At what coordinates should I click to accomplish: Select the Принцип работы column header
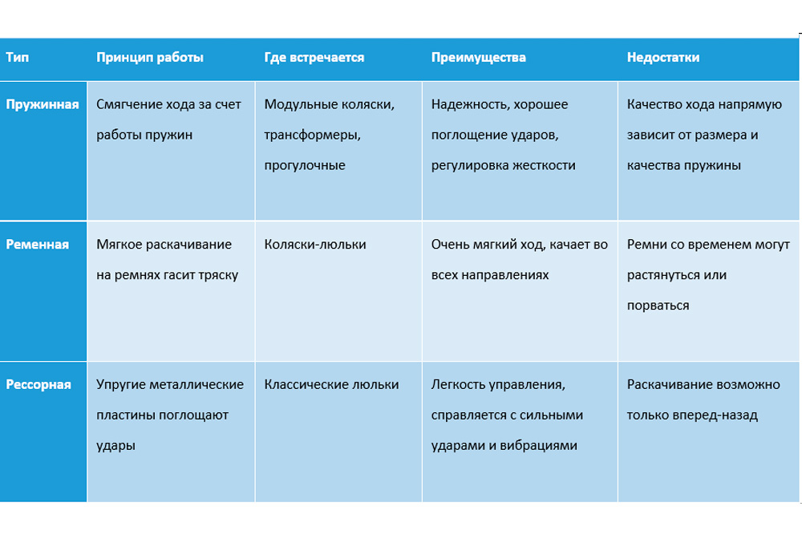tap(149, 58)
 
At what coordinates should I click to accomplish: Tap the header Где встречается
tap(314, 58)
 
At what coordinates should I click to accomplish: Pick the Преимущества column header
tap(479, 58)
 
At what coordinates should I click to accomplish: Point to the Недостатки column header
tap(663, 58)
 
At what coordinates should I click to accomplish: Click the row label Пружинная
tap(43, 104)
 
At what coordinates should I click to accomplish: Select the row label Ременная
tap(38, 244)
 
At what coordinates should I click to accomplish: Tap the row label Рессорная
tap(38, 384)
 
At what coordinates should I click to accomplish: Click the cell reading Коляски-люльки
tap(315, 244)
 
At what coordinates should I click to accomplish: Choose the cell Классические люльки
tap(331, 384)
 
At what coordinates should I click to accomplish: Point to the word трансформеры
tap(310, 135)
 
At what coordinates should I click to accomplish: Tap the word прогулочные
tap(305, 165)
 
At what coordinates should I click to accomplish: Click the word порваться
tap(658, 306)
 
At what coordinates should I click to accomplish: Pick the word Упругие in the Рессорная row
tap(119, 384)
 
